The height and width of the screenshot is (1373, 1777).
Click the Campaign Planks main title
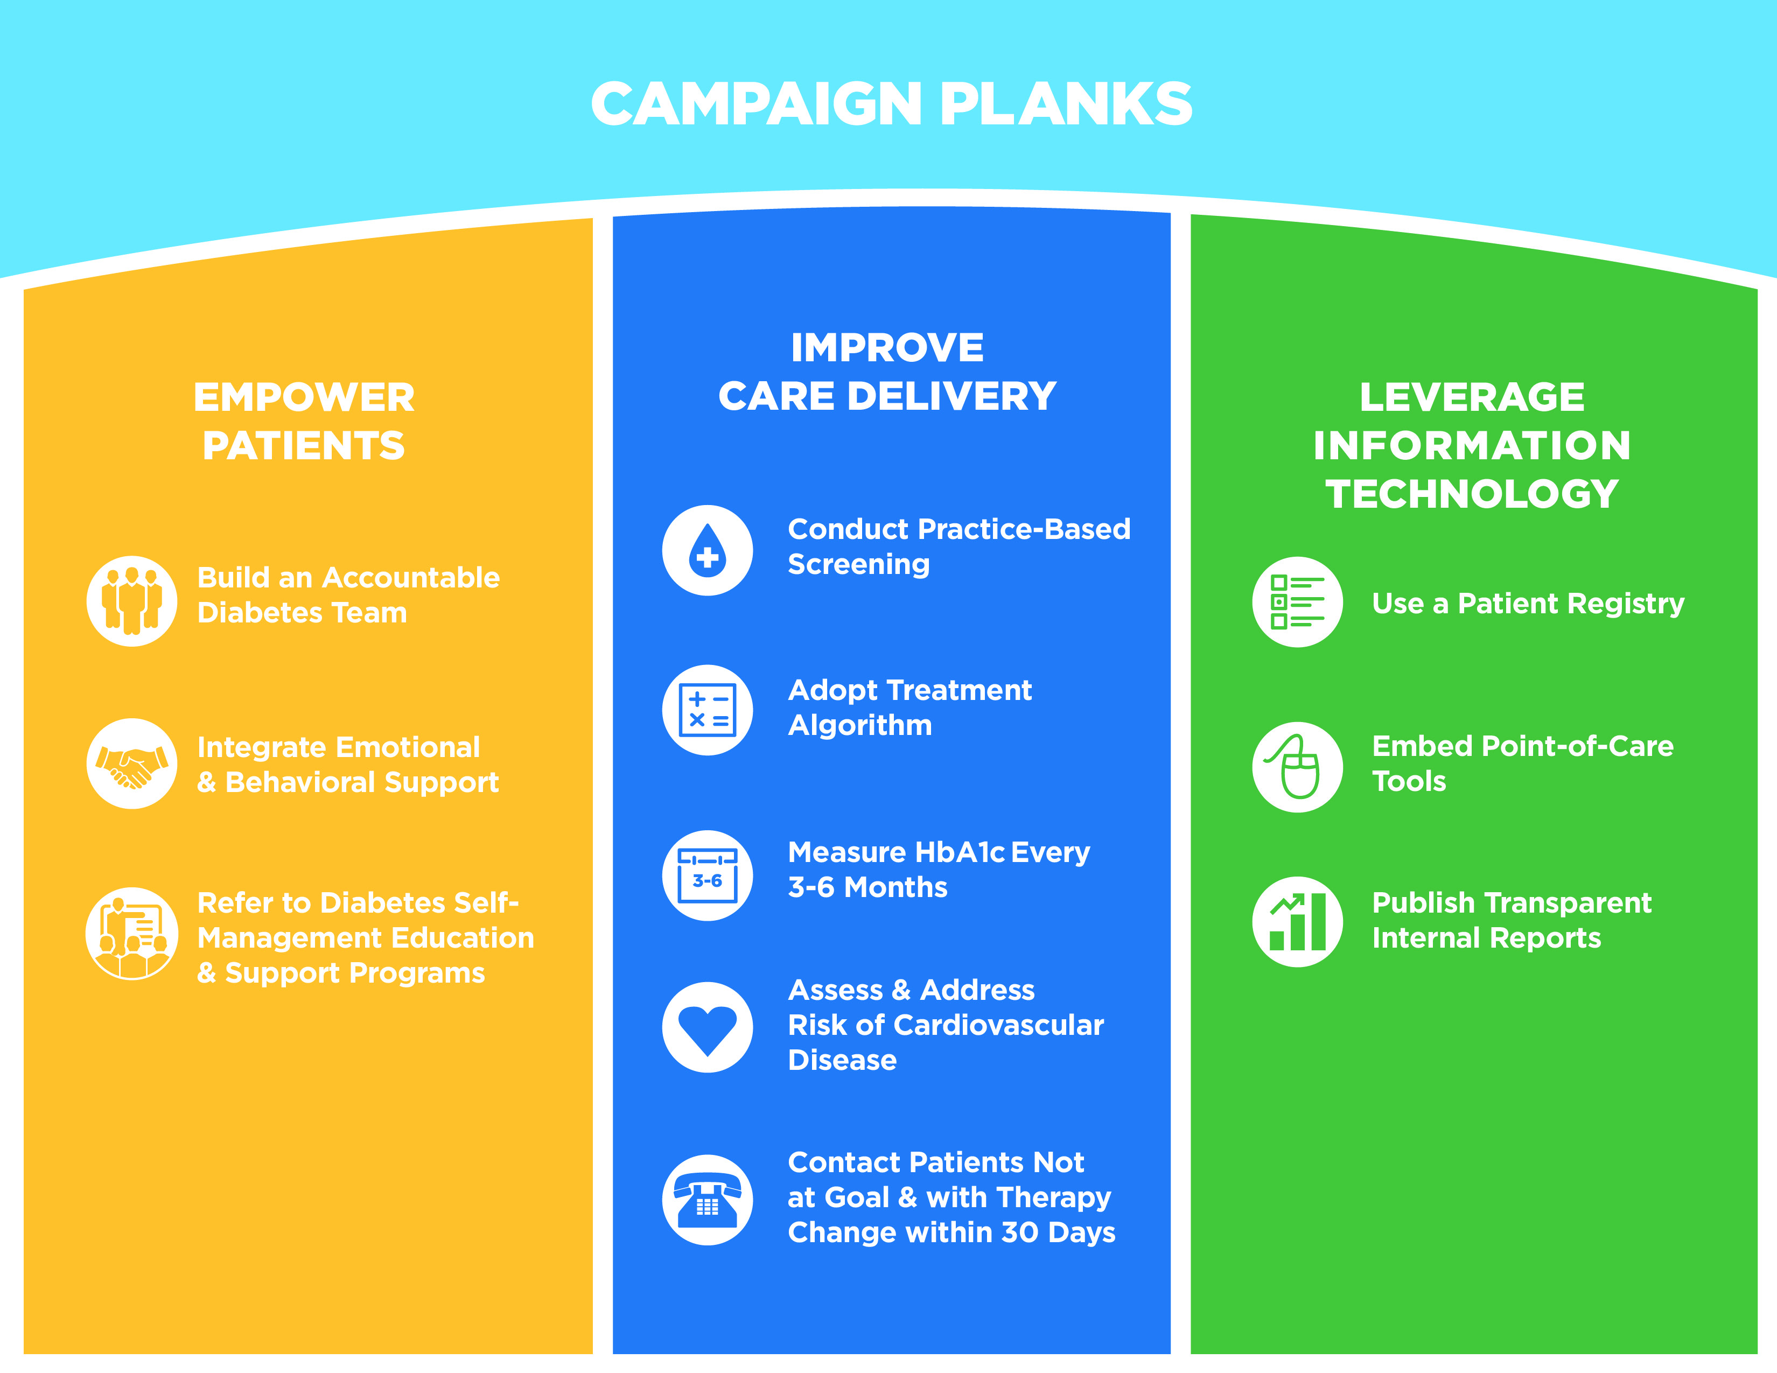[x=891, y=104]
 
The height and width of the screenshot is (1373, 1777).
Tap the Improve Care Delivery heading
[x=887, y=372]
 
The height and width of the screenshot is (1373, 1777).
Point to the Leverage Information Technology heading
[x=1472, y=445]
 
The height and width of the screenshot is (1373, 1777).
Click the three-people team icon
[x=132, y=601]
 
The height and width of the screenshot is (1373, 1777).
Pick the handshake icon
[x=132, y=764]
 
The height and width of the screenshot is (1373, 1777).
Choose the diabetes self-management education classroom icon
[x=132, y=933]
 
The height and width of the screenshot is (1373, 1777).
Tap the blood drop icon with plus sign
[x=707, y=551]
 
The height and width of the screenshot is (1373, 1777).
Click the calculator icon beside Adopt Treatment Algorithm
[x=707, y=710]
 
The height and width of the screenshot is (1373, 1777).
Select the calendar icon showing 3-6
[x=707, y=875]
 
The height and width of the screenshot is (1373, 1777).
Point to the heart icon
[x=707, y=1027]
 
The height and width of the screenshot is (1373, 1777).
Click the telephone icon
[x=707, y=1200]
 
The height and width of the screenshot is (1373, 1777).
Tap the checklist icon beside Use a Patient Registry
[x=1297, y=602]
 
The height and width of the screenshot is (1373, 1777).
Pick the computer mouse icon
[x=1297, y=767]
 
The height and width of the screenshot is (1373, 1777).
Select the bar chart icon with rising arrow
[x=1297, y=922]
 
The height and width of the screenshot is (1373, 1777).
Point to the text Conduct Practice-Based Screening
[x=959, y=547]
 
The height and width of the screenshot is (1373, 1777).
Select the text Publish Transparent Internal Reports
[x=1512, y=920]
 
